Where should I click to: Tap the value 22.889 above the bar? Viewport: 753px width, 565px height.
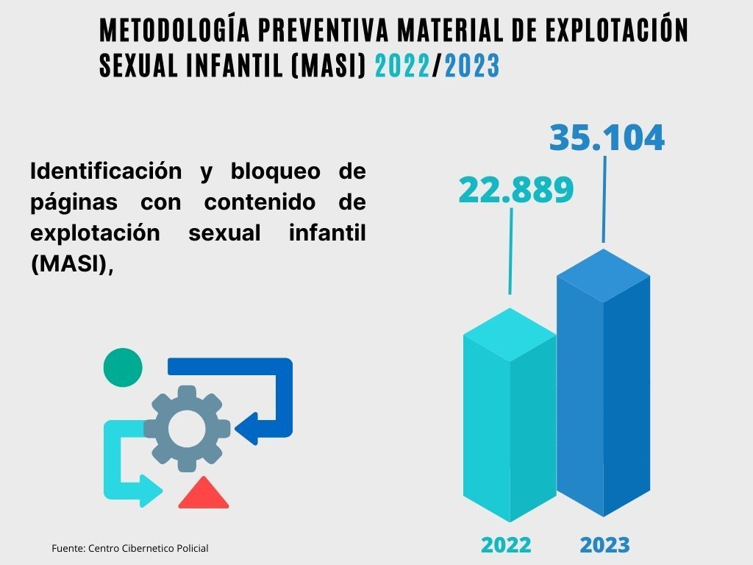[x=515, y=190]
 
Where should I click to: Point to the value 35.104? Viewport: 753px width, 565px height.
[x=607, y=138]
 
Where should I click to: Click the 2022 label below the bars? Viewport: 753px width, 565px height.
[x=506, y=545]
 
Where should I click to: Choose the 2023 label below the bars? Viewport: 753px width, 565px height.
[x=604, y=545]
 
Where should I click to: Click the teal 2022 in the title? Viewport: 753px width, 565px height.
[x=402, y=66]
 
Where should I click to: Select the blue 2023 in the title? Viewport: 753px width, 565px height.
[x=472, y=66]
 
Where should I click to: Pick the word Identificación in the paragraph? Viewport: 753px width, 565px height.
[x=106, y=171]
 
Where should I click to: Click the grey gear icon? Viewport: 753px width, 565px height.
[x=187, y=428]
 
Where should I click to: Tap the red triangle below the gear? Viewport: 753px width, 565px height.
[x=203, y=494]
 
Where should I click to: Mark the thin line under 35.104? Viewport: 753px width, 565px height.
[x=604, y=199]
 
